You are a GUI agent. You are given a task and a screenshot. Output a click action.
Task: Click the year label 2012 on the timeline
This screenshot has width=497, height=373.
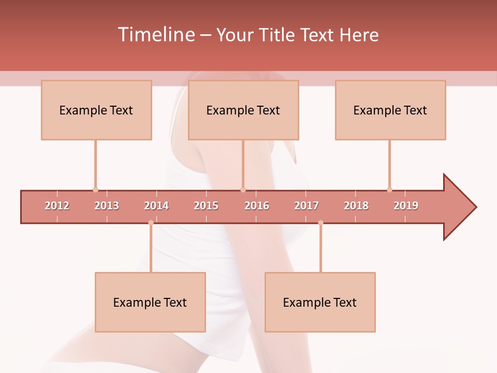(57, 206)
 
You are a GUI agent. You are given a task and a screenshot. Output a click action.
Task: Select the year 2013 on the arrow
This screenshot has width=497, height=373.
(107, 206)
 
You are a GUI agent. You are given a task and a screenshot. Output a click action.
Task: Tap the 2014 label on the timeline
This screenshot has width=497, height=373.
(156, 206)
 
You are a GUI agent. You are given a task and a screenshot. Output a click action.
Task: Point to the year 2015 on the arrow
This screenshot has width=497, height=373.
(206, 206)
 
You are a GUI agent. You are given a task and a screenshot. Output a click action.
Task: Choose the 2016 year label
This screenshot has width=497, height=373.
(257, 206)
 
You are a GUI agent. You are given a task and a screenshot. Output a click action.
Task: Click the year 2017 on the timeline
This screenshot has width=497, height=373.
(306, 206)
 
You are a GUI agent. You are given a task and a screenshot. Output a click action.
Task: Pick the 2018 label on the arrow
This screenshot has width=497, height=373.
(356, 206)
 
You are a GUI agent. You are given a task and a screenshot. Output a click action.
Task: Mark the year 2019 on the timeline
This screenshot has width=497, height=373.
(406, 206)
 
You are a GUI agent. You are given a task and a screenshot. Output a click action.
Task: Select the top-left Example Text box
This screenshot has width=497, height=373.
(96, 110)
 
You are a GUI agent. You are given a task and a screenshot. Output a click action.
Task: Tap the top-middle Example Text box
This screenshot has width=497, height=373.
(243, 110)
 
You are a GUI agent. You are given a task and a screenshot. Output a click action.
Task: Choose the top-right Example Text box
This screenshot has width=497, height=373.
(390, 110)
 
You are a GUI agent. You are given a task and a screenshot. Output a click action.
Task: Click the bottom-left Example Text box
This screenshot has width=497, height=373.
(150, 302)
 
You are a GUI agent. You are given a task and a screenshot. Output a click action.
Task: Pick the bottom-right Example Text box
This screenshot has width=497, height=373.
(320, 302)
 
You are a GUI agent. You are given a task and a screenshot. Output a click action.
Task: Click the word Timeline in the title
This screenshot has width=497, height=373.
(156, 35)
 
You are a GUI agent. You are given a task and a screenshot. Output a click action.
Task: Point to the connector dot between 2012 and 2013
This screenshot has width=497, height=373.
(95, 190)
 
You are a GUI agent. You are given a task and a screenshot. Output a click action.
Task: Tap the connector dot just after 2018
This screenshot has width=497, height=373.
(389, 190)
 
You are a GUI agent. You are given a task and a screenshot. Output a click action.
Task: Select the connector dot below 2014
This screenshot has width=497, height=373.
(151, 223)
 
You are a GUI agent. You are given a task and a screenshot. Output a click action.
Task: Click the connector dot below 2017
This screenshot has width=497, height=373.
(320, 223)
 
